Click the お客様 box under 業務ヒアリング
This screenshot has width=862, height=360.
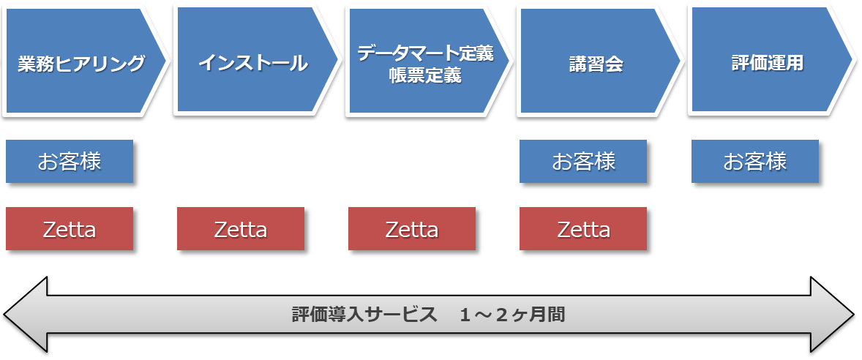[x=70, y=161]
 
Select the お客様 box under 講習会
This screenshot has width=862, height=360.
[x=583, y=161]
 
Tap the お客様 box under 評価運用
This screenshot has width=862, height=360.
[x=755, y=161]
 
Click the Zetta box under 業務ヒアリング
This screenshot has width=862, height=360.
[x=70, y=228]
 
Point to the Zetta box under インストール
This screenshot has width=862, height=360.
[x=241, y=228]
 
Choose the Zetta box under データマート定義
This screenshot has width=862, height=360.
[x=412, y=228]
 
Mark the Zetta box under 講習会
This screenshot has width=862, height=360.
[x=583, y=228]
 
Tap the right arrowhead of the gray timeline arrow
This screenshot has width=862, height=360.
[x=854, y=315]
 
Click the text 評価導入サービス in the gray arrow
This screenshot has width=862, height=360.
[x=364, y=315]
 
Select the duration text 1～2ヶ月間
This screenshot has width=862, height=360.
[x=512, y=315]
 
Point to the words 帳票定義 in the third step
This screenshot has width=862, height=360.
[x=425, y=76]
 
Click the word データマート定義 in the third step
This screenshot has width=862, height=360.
[x=425, y=53]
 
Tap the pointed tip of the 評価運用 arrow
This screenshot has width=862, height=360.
[x=852, y=60]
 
